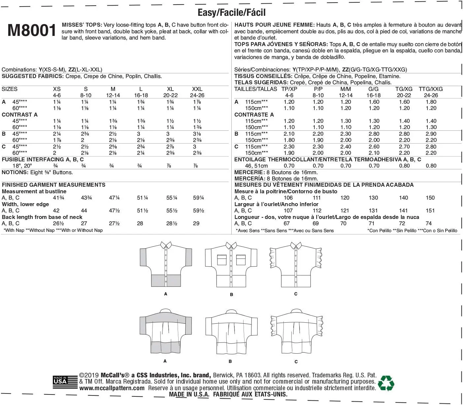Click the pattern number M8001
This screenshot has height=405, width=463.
click(x=32, y=31)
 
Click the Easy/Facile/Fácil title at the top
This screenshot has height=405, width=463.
click(x=231, y=13)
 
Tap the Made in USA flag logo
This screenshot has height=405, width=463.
click(x=60, y=381)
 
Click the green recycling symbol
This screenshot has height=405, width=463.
click(x=386, y=383)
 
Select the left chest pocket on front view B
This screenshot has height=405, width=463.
click(x=222, y=260)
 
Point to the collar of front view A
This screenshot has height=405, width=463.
click(x=166, y=245)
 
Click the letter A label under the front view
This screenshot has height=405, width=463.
click(x=165, y=294)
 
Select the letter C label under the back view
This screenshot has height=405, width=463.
click(x=296, y=362)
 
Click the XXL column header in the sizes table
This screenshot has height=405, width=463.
click(x=197, y=89)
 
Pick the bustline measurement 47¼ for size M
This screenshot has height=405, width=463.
click(x=114, y=198)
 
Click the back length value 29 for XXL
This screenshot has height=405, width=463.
click(x=196, y=223)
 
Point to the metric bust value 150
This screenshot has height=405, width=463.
click(x=430, y=198)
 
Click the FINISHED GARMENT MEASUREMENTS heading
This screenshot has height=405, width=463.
click(x=54, y=185)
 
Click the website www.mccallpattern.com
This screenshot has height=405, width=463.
click(x=112, y=388)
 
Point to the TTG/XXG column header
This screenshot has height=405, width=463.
click(x=430, y=89)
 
